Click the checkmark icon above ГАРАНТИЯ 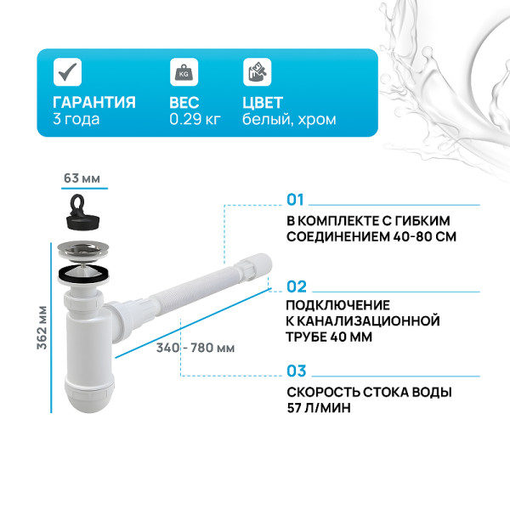click(67, 72)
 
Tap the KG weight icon click(182, 72)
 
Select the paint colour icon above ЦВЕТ click(254, 72)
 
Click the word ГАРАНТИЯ click(93, 102)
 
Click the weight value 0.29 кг click(195, 120)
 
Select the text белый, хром click(288, 120)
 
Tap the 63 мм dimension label click(82, 178)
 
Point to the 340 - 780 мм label click(195, 348)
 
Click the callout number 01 click(295, 201)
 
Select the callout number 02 click(296, 286)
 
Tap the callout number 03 click(296, 371)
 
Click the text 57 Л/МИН click(318, 408)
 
